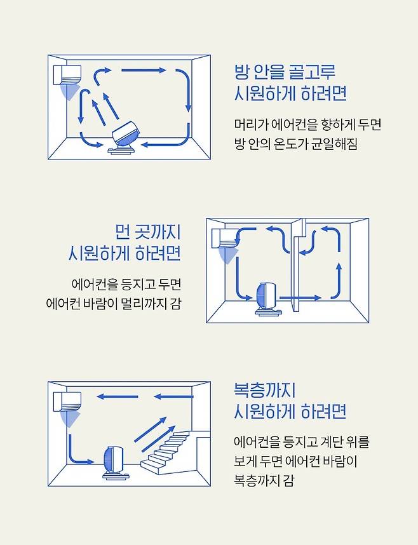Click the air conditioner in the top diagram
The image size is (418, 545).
pos(67,75)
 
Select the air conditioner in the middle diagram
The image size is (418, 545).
pos(226,238)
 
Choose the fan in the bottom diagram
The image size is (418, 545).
pos(114,462)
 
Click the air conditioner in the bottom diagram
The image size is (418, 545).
pos(67,401)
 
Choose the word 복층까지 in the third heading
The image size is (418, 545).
pos(264,390)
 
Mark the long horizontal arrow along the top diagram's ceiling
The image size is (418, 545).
pos(144,71)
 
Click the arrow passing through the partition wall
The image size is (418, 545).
pos(300,298)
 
